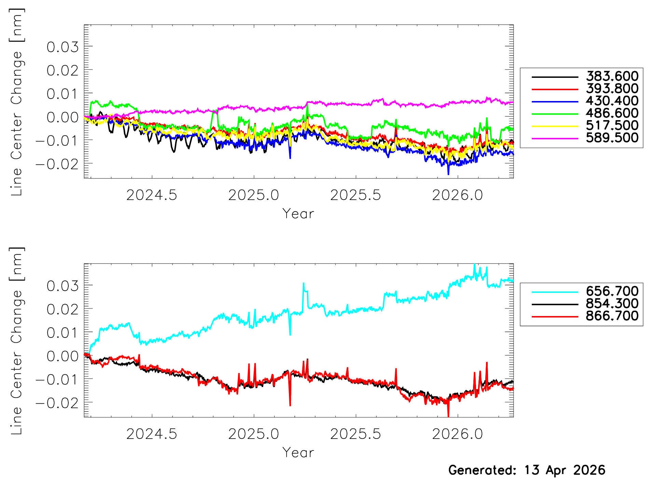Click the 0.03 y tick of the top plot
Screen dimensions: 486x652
[63, 47]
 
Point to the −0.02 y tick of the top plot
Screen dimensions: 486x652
[57, 164]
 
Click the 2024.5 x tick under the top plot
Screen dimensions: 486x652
[152, 195]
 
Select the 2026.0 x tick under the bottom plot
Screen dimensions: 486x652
[457, 434]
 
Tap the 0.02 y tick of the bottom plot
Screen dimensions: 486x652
[63, 310]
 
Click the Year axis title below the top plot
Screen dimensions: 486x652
[298, 214]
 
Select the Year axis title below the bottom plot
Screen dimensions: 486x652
[298, 453]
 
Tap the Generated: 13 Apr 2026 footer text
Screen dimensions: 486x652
[527, 470]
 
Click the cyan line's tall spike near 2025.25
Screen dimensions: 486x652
[303, 284]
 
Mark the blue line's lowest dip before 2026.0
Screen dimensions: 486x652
[448, 174]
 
